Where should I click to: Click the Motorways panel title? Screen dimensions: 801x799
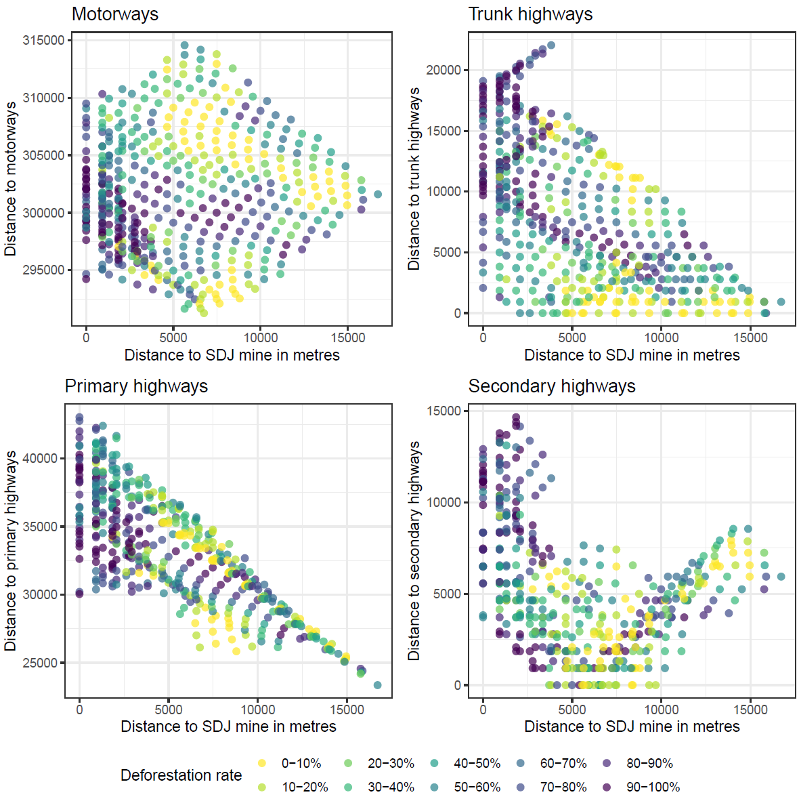pyautogui.click(x=115, y=14)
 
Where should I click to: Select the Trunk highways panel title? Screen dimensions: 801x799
pyautogui.click(x=530, y=14)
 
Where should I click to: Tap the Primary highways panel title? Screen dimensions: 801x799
pyautogui.click(x=136, y=386)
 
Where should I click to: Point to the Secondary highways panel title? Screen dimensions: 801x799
pyautogui.click(x=552, y=386)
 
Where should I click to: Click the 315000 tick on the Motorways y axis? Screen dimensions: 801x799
pyautogui.click(x=43, y=40)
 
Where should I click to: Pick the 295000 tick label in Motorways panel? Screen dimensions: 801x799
pyautogui.click(x=43, y=270)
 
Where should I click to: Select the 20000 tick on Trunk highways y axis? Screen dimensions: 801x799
pyautogui.click(x=444, y=70)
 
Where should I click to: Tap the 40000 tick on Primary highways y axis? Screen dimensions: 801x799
pyautogui.click(x=40, y=458)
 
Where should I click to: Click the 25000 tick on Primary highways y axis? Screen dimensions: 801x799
pyautogui.click(x=40, y=663)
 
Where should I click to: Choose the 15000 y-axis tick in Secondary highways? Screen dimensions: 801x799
pyautogui.click(x=444, y=411)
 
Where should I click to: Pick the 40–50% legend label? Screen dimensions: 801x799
pyautogui.click(x=477, y=764)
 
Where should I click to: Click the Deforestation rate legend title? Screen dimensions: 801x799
pyautogui.click(x=181, y=775)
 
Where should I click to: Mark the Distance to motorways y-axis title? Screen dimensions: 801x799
pyautogui.click(x=10, y=179)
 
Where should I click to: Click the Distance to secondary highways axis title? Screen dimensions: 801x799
pyautogui.click(x=414, y=550)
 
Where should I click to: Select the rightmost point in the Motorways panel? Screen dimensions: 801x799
pyautogui.click(x=378, y=194)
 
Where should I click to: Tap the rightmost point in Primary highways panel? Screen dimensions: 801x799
pyautogui.click(x=378, y=685)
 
